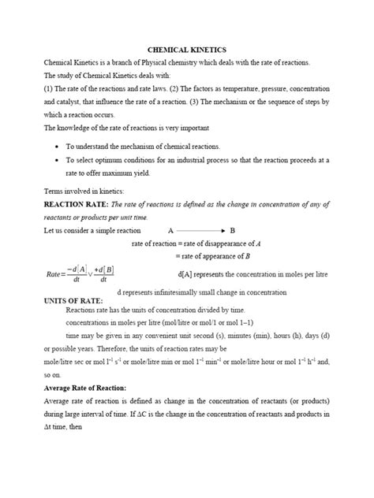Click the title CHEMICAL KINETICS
[186, 49]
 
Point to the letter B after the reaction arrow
[233, 231]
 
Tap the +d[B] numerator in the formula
[103, 269]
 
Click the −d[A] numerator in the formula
[77, 269]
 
